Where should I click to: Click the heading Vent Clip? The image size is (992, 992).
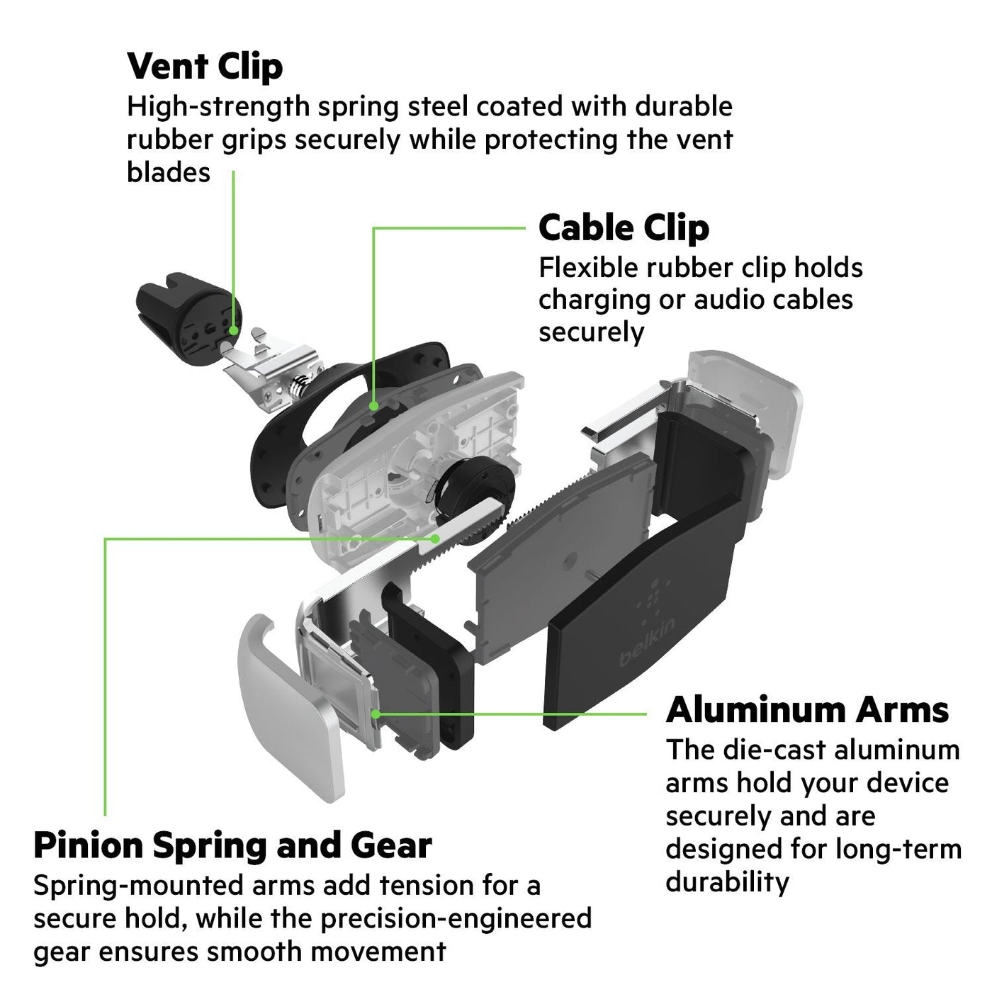tap(205, 67)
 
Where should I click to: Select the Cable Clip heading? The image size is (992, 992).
tap(624, 228)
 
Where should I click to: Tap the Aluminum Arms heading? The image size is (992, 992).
tap(807, 710)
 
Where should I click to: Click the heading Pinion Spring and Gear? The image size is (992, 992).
tap(232, 846)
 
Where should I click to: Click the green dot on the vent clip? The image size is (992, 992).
tap(234, 330)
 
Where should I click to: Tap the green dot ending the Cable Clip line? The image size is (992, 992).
tap(374, 405)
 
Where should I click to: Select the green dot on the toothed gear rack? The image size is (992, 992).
tap(436, 539)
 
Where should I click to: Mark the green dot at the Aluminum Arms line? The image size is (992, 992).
tap(376, 714)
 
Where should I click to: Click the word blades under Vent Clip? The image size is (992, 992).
tap(169, 172)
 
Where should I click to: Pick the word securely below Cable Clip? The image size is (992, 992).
tap(591, 333)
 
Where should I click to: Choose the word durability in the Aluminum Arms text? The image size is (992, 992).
tap(727, 882)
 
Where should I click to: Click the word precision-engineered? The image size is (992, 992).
tap(456, 918)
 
